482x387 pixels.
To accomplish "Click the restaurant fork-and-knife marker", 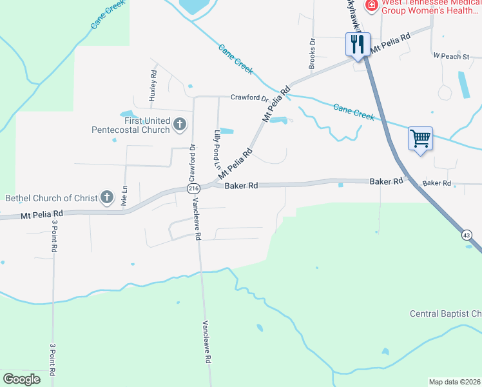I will pyautogui.click(x=358, y=45).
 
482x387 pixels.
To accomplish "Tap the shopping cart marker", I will pyautogui.click(x=419, y=139).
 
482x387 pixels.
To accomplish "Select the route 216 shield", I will pyautogui.click(x=193, y=188).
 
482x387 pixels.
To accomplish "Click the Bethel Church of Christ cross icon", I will pyautogui.click(x=107, y=197).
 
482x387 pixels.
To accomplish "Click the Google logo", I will pyautogui.click(x=22, y=379).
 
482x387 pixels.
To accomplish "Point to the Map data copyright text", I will pyautogui.click(x=455, y=381).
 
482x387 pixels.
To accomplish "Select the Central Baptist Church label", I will pyautogui.click(x=445, y=314).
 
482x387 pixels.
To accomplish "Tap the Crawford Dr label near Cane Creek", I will pyautogui.click(x=249, y=98).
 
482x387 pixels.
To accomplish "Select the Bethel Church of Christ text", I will pyautogui.click(x=51, y=198).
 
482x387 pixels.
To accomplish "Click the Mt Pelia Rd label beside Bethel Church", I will pyautogui.click(x=42, y=213).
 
